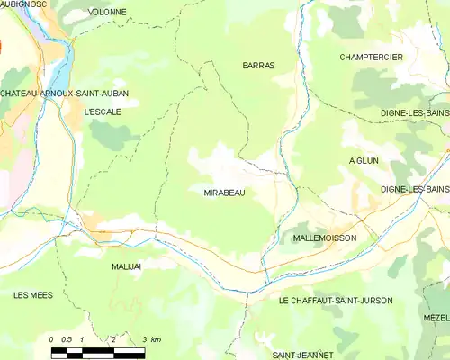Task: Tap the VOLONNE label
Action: click(x=108, y=13)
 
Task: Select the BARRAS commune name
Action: click(x=258, y=66)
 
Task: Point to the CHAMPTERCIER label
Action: click(x=371, y=58)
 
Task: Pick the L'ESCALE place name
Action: click(x=102, y=112)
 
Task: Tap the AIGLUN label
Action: click(x=364, y=160)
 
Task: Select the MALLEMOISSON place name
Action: click(x=325, y=238)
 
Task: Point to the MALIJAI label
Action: click(x=127, y=267)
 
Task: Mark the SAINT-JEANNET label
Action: click(x=303, y=355)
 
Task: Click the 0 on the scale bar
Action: click(x=52, y=339)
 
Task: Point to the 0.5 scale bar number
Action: click(x=67, y=339)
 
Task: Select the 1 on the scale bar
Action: click(x=83, y=339)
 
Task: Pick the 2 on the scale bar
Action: click(x=113, y=339)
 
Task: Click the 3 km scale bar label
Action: click(x=150, y=339)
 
